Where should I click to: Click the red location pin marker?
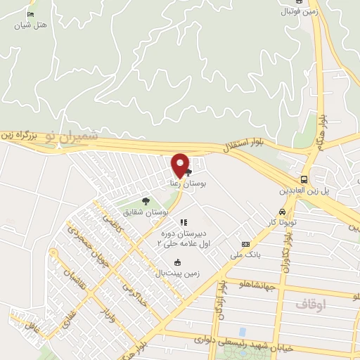pos(180,166)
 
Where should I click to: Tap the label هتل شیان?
pos(32,25)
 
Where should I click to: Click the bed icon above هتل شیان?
pos(30,15)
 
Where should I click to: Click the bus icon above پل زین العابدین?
pos(304,179)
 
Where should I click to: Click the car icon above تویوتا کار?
pos(281,212)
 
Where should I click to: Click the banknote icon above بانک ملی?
pos(245,243)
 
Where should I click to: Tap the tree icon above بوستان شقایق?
pos(146,201)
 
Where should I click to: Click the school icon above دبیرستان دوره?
pos(184,222)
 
